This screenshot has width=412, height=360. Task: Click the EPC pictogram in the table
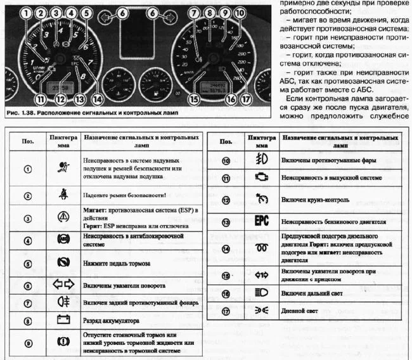(257, 222)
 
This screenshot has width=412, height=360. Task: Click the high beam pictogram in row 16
(257, 294)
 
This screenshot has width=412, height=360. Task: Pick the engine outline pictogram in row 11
(257, 179)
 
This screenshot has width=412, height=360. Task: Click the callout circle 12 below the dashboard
(60, 98)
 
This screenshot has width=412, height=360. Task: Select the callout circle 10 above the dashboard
(238, 12)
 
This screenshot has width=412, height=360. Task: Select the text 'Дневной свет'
(301, 312)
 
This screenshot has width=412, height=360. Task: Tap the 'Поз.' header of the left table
(26, 141)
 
